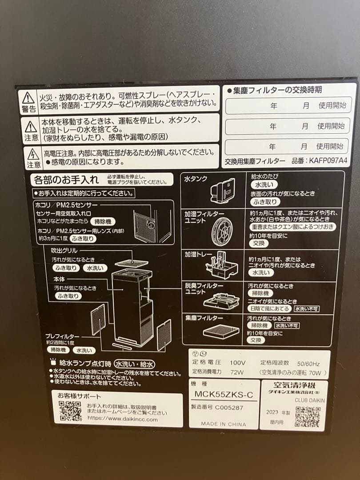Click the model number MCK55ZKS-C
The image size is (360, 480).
point(224,394)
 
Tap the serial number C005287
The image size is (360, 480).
point(229,407)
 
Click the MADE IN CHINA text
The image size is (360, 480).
point(223,424)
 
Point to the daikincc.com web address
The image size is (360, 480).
point(122,419)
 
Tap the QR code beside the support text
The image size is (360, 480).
point(70,411)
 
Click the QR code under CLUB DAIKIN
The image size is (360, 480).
point(307,416)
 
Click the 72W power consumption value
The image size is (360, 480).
point(238,371)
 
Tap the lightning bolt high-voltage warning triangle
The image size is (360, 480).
point(33,154)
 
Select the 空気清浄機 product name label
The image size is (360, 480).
point(293,385)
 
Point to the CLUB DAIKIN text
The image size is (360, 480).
point(310,400)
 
